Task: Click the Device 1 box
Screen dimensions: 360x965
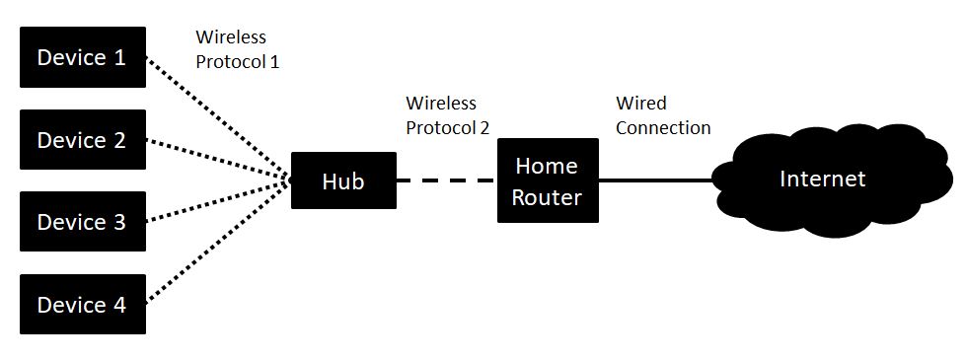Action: [x=83, y=57]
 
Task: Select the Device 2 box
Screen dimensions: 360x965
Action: [x=83, y=140]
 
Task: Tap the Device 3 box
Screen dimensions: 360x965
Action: [x=83, y=222]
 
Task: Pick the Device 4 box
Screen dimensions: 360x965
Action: [x=83, y=304]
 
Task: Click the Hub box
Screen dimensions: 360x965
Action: [x=343, y=180]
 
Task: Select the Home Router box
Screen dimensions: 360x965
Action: [x=548, y=180]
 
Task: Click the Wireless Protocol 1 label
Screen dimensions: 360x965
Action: [x=238, y=48]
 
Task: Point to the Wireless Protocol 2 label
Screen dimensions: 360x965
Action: [x=447, y=115]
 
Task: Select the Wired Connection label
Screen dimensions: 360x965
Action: [x=662, y=115]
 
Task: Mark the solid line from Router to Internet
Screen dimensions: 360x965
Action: [x=656, y=180]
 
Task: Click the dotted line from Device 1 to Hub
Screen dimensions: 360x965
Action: [x=217, y=118]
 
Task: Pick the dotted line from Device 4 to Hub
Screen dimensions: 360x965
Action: [x=217, y=243]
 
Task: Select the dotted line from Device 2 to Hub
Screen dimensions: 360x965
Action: [x=217, y=160]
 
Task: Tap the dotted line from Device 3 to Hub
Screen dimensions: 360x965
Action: [x=217, y=201]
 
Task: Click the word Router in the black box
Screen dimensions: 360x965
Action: [x=548, y=197]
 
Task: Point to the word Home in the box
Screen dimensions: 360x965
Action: [x=547, y=165]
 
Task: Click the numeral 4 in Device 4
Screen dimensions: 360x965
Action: [x=118, y=305]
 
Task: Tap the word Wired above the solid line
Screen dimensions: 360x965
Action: [x=641, y=104]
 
